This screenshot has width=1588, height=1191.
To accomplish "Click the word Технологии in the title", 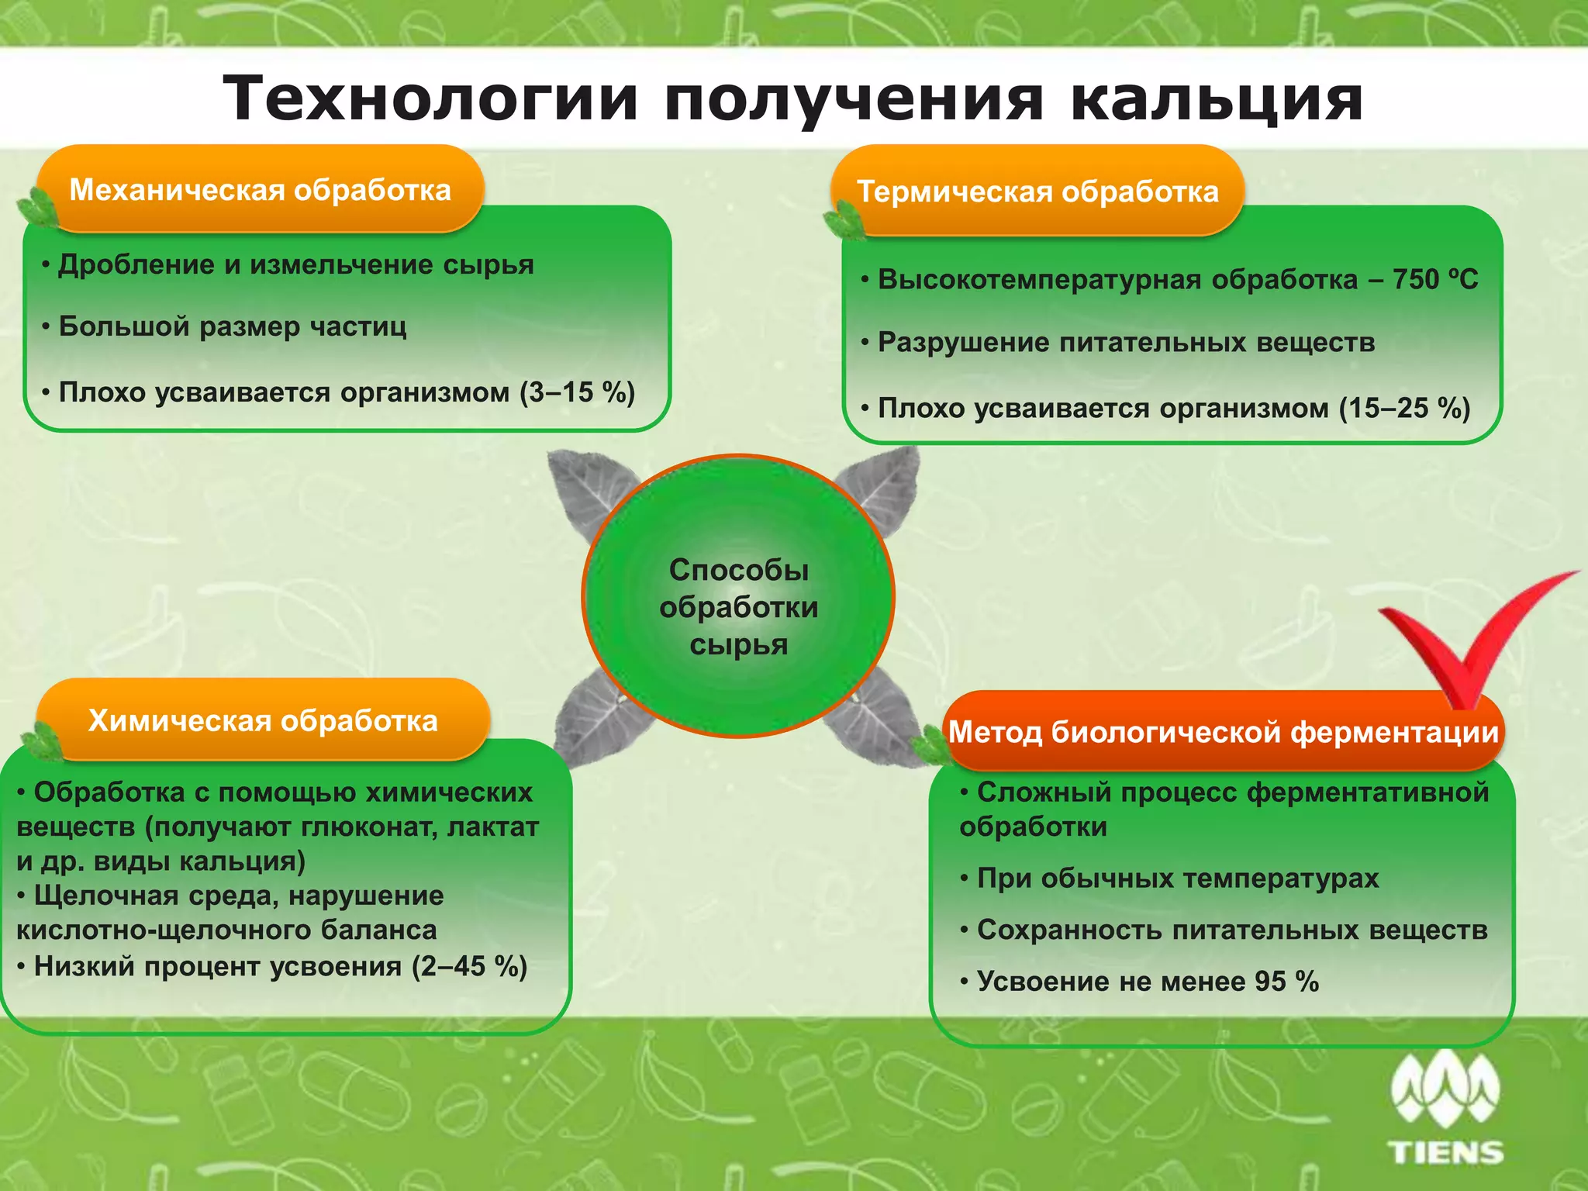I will (x=430, y=99).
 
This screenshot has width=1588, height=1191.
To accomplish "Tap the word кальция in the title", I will (x=1216, y=99).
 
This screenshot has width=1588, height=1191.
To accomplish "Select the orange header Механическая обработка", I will (x=261, y=190).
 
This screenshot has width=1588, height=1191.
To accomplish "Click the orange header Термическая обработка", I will (x=1037, y=192).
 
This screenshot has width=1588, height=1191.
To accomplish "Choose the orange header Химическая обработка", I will (x=263, y=720).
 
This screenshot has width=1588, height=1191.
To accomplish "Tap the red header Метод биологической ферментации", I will (x=1224, y=731).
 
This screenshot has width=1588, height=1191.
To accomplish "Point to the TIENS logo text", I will (x=1446, y=1152).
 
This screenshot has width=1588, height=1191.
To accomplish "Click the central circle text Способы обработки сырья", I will (x=738, y=607).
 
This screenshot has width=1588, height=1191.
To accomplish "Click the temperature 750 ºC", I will (x=1434, y=279).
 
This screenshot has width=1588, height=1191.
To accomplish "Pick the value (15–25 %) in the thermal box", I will (x=1404, y=408).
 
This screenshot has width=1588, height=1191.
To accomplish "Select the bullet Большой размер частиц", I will (x=233, y=326).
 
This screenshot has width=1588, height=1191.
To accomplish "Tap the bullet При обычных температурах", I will (x=1177, y=878).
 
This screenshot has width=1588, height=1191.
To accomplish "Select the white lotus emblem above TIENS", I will (x=1445, y=1089).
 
